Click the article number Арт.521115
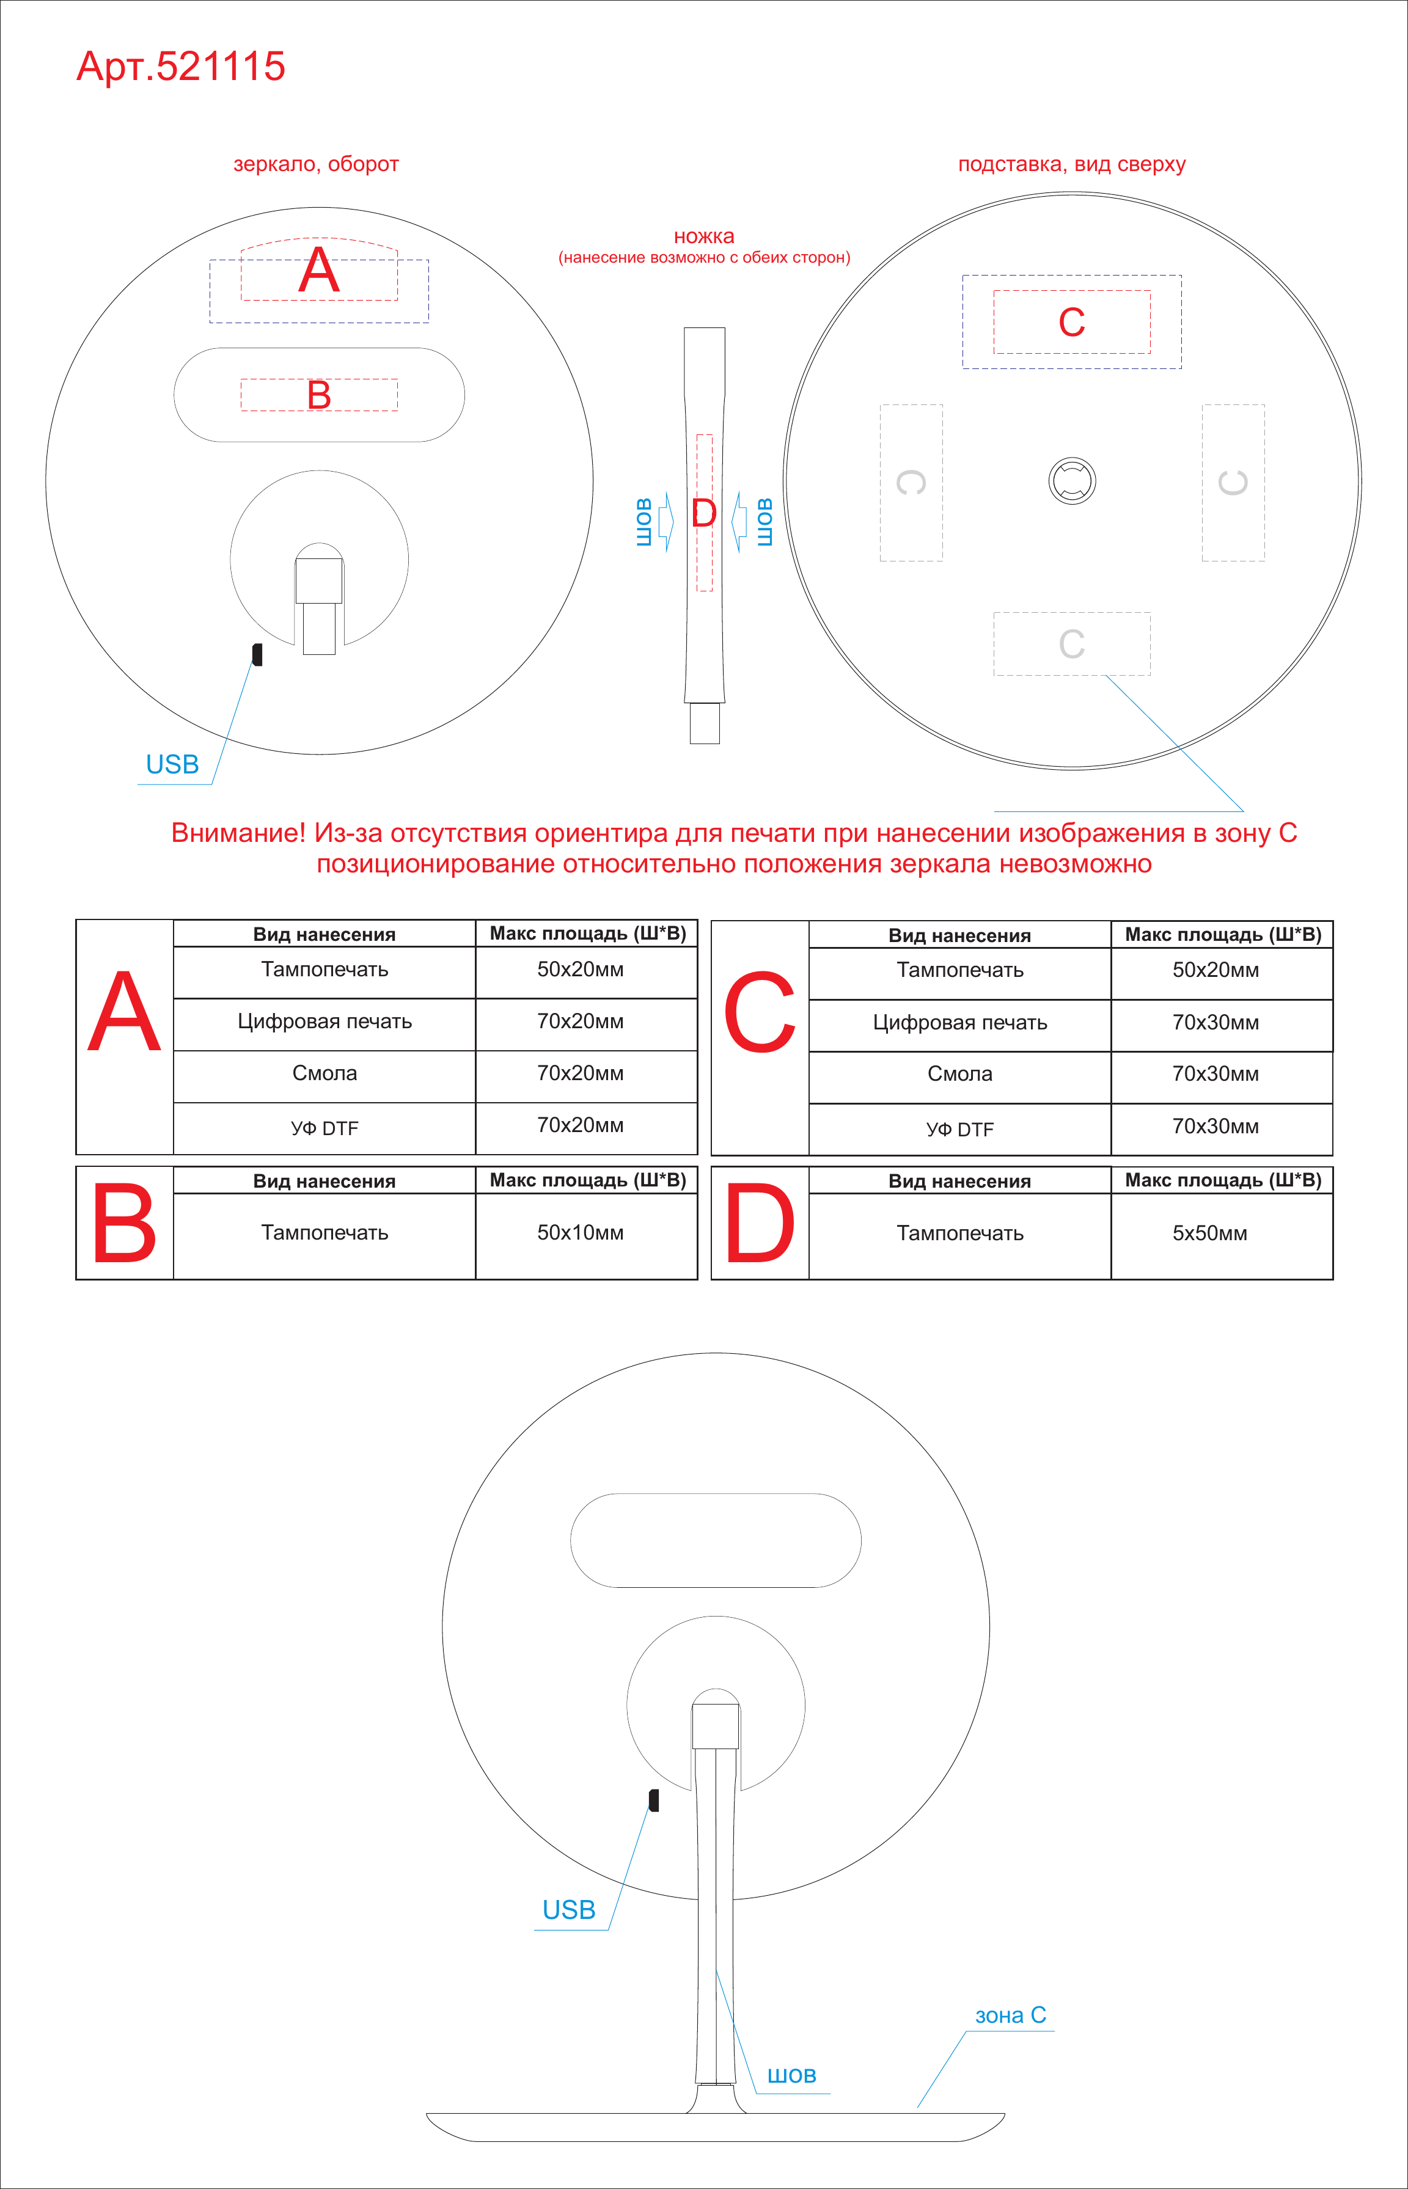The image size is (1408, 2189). coord(181,67)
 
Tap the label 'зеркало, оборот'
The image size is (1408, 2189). coord(317,164)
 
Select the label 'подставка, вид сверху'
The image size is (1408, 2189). coord(1071,164)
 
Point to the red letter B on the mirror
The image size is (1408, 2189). coord(319,395)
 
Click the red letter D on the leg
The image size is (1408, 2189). coord(704,513)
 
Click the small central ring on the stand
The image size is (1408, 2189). coord(1071,481)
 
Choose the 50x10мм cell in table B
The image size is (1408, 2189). coord(581,1232)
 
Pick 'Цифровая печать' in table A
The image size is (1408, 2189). coord(324,1022)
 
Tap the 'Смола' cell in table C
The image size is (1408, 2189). coord(960,1074)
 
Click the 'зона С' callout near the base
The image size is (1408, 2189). coord(1010,2015)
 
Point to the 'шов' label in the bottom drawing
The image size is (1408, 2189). coord(792,2075)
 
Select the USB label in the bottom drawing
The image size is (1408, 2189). coord(569,1910)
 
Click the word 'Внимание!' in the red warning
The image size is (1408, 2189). coord(238,833)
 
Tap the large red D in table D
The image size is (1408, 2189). coord(760,1223)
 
